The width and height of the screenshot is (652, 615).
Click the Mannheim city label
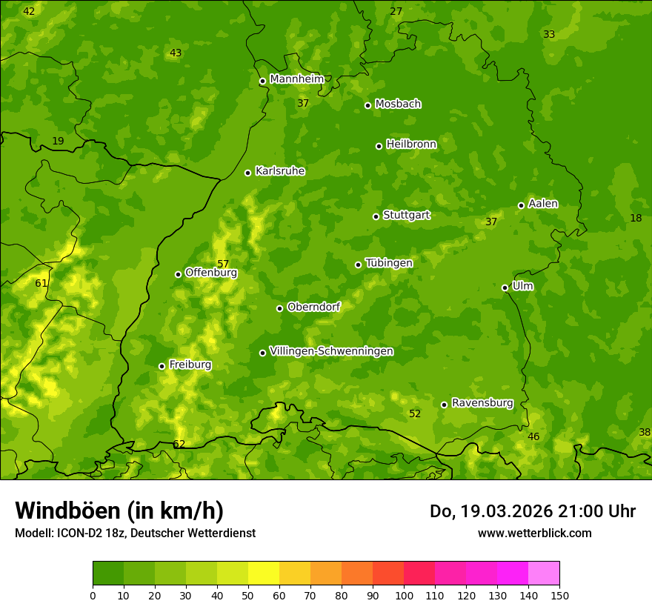pos(296,79)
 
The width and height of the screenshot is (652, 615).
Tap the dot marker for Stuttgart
pos(376,216)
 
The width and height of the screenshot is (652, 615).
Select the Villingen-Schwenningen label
pos(331,351)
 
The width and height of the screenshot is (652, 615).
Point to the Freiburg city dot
pos(162,366)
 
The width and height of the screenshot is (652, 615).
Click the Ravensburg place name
pos(482,403)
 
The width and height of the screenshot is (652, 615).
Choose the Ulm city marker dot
pos(505,287)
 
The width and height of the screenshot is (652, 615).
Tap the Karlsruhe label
pos(279,171)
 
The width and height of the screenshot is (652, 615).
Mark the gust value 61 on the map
pos(41,283)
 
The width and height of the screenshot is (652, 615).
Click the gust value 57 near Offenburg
pos(223,264)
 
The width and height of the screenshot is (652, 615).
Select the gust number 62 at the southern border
pos(179,444)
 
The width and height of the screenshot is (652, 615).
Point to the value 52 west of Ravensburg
pos(415,413)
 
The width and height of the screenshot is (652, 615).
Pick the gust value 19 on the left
pos(59,141)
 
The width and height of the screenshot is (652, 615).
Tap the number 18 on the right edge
pos(636,218)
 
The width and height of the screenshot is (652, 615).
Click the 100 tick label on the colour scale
pos(404,595)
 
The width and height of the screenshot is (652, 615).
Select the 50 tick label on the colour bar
pos(248,595)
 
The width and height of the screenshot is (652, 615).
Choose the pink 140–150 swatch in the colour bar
pos(544,574)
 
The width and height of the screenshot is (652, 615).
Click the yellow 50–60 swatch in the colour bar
pos(264,574)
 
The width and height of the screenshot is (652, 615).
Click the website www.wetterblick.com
pos(534,533)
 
